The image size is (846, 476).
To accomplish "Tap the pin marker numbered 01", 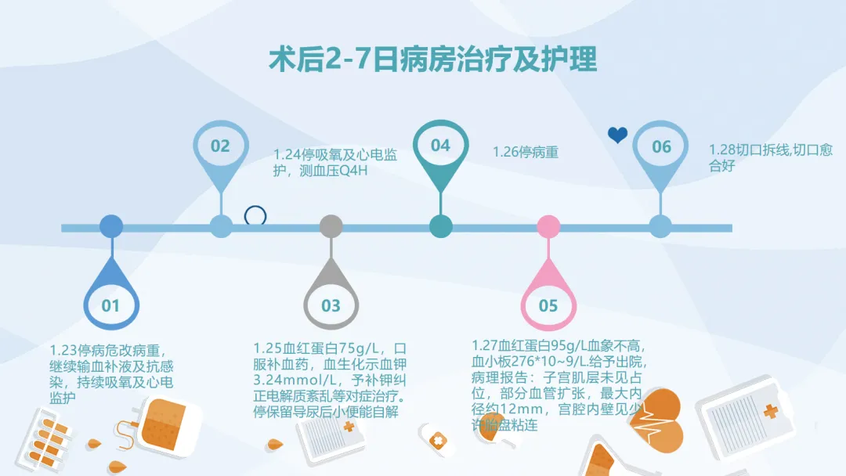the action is pos(110,301).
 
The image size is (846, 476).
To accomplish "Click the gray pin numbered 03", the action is pos(331,301).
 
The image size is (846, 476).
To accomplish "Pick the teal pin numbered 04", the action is pos(440,146).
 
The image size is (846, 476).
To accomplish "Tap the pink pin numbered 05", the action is pos(548,301).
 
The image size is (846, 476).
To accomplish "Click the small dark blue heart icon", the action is pos(618,135).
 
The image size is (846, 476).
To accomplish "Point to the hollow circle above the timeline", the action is pos(255,216).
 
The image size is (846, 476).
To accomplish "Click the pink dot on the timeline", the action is pos(548,227).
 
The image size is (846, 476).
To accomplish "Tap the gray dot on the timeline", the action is pos(331,227).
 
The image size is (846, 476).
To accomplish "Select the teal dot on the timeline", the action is pos(440,227).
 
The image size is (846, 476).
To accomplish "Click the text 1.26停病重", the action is pos(525,153).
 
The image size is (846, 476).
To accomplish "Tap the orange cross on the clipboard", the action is pos(771,411).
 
